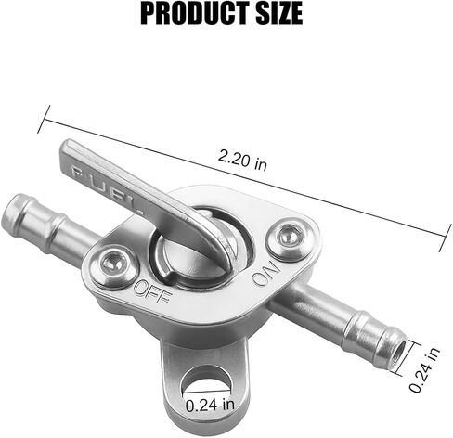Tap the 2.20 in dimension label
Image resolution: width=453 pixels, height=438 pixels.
pos(242,160)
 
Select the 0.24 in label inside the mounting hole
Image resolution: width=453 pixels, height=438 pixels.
pos(210,405)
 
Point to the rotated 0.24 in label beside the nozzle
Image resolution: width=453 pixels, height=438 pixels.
pos(424,369)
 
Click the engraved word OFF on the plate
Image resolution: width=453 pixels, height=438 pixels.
pos(152,291)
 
